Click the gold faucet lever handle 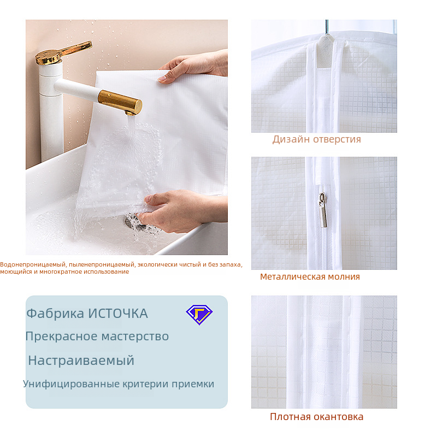tap(63, 52)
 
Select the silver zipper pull tap(323, 210)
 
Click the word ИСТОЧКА tap(118, 314)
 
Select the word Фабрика tap(55, 314)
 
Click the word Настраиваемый tap(81, 361)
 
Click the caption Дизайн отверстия tap(317, 139)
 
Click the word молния tap(344, 277)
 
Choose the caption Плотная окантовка tap(317, 417)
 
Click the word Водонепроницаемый tap(33, 265)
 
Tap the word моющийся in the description tap(16, 271)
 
